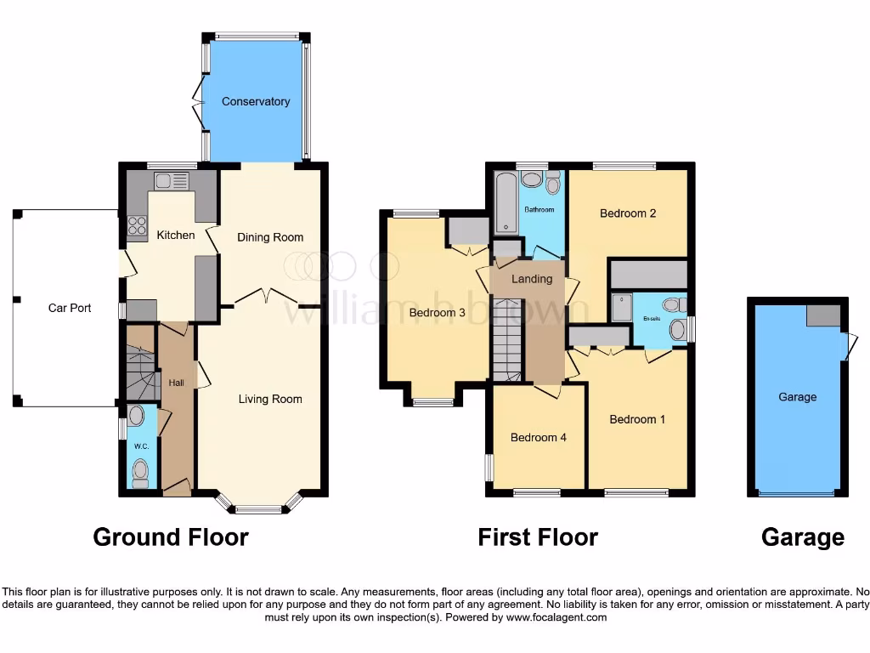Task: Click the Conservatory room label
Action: point(256,101)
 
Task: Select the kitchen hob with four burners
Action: point(137,224)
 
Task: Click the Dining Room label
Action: point(270,237)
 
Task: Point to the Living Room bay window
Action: point(258,508)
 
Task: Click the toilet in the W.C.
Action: point(140,471)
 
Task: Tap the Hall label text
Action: point(176,383)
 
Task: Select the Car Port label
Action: point(70,308)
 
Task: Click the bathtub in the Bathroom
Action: point(506,202)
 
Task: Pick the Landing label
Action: point(532,279)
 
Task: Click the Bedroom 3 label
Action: point(437,313)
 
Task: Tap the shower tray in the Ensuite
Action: point(622,308)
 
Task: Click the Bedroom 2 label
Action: point(628,213)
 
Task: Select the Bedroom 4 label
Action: point(538,438)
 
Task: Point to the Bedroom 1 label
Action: point(638,419)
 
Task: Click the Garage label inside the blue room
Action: point(797,397)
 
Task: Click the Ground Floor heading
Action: point(171,537)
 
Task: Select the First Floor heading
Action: point(538,537)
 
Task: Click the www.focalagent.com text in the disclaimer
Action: point(556,617)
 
